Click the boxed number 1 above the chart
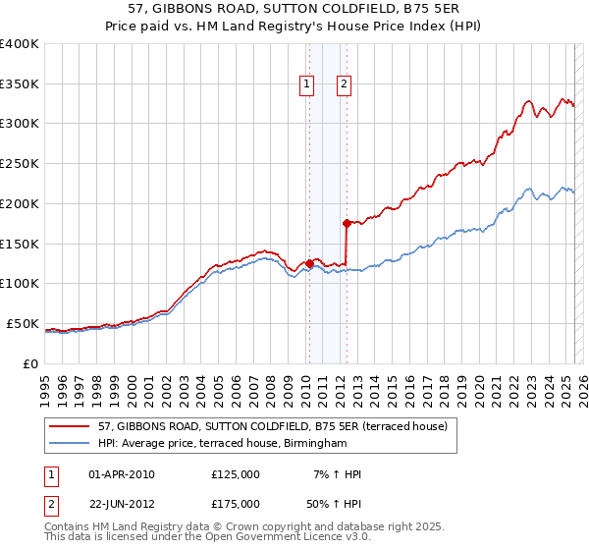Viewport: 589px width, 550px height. point(308,85)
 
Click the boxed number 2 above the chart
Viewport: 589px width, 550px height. point(345,85)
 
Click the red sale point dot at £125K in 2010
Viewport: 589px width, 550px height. point(309,263)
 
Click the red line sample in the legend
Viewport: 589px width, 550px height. point(70,426)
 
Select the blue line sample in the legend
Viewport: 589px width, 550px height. point(70,444)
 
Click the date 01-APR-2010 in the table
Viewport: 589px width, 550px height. point(122,474)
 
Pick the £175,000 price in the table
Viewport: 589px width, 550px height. point(236,504)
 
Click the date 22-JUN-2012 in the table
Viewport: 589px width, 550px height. point(122,504)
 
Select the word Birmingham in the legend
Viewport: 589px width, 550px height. point(315,444)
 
